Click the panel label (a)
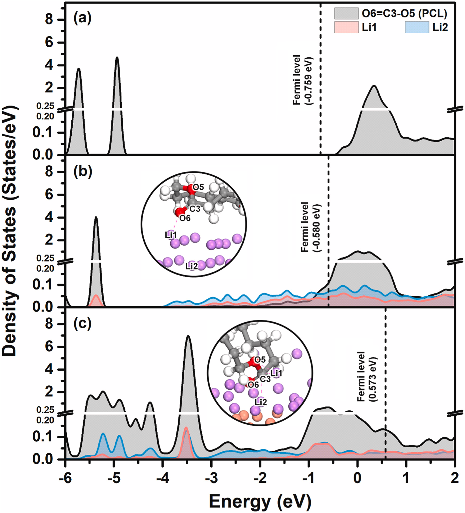click(x=82, y=19)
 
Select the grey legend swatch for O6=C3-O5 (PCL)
click(x=346, y=13)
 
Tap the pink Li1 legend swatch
click(x=346, y=27)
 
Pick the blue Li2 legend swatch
click(x=417, y=27)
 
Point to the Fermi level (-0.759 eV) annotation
click(x=303, y=80)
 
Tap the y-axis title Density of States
click(x=10, y=232)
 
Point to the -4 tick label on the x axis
click(x=162, y=479)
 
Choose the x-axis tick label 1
click(x=406, y=479)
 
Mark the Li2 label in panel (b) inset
click(x=192, y=266)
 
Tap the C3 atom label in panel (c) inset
click(x=265, y=379)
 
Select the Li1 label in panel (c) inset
click(x=276, y=373)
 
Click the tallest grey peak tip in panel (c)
click(x=188, y=336)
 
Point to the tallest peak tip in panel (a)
click(x=117, y=57)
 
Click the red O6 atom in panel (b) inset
click(x=180, y=212)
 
